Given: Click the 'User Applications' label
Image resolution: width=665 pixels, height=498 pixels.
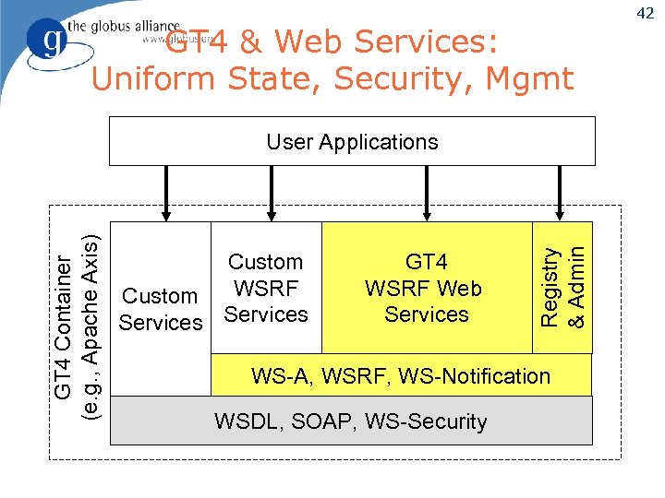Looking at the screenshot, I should coord(352,142).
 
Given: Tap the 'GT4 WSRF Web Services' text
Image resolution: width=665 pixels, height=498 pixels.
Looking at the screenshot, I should coord(426,288).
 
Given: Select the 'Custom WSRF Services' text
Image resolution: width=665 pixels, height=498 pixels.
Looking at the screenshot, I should coord(266,288).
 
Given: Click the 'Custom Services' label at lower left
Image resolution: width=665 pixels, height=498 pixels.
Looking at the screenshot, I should coord(161,309).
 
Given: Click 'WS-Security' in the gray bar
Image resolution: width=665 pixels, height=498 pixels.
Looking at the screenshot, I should coord(426,421).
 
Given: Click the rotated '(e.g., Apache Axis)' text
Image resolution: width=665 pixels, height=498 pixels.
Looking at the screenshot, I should coord(91,327).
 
